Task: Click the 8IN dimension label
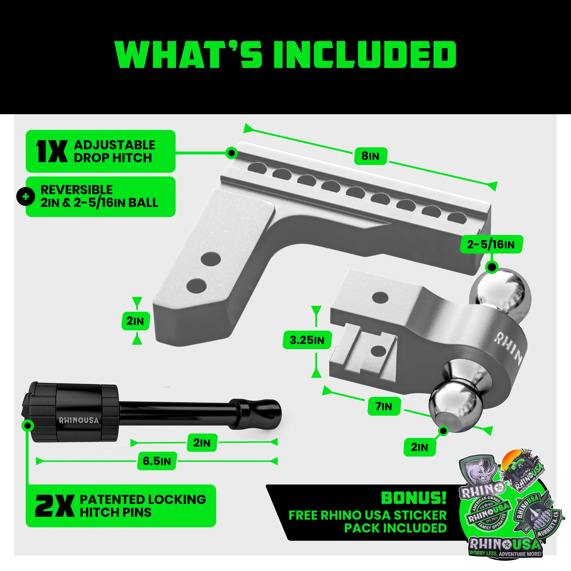[370, 156]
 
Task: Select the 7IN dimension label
[384, 406]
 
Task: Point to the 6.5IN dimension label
[157, 461]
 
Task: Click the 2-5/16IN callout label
[491, 244]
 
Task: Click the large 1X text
[52, 151]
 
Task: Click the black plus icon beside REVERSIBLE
[26, 196]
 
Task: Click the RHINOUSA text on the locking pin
[79, 420]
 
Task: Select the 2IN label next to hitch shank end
[135, 321]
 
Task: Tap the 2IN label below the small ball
[419, 447]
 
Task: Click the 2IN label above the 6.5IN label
[202, 443]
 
